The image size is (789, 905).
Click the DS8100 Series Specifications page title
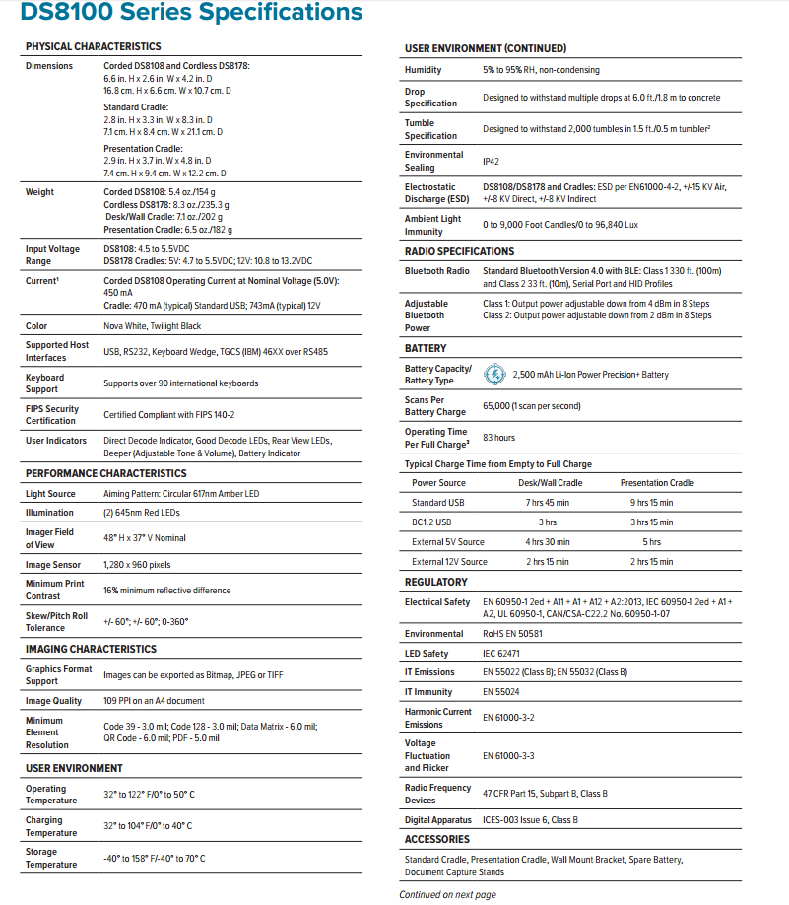click(x=193, y=13)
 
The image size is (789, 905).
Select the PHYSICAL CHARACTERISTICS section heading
click(x=93, y=46)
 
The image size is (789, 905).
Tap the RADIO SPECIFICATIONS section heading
click(x=459, y=251)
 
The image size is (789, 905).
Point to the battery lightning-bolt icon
click(x=495, y=375)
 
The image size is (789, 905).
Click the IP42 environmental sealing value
click(x=491, y=161)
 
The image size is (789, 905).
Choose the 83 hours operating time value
click(x=498, y=438)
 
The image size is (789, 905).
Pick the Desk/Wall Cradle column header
click(x=550, y=483)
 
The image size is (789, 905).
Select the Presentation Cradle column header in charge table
click(x=656, y=483)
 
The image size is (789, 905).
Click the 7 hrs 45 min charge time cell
click(x=548, y=503)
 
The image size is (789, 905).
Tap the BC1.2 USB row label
click(x=431, y=522)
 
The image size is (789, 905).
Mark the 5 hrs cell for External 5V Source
click(x=651, y=542)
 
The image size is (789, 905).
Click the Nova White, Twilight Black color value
click(x=152, y=326)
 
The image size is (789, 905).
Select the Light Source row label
click(x=49, y=493)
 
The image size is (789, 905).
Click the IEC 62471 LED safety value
click(x=501, y=654)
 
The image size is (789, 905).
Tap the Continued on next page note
click(x=447, y=895)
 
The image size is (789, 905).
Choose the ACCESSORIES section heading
click(x=437, y=839)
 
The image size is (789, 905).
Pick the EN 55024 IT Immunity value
click(x=500, y=692)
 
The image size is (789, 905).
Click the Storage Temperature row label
click(x=51, y=858)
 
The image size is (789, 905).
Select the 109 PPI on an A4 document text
click(x=154, y=701)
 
